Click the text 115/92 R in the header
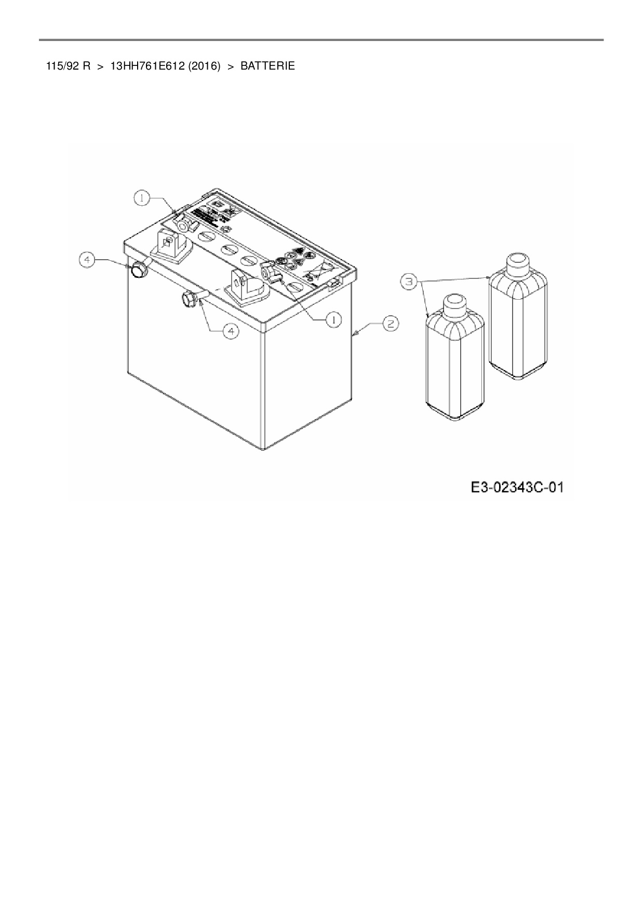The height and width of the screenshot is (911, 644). pos(68,66)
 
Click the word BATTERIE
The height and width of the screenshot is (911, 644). pos(267,66)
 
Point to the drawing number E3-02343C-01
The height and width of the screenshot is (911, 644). pos(517,488)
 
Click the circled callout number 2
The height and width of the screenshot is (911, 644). pos(391,324)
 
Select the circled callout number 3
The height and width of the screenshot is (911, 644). pos(410,282)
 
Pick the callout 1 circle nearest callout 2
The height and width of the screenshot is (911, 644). pos(333,320)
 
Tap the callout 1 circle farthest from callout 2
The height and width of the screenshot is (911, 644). pos(141,198)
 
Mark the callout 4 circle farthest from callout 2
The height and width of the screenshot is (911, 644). pos(88,260)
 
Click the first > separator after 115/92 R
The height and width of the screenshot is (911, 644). pos(100,66)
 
